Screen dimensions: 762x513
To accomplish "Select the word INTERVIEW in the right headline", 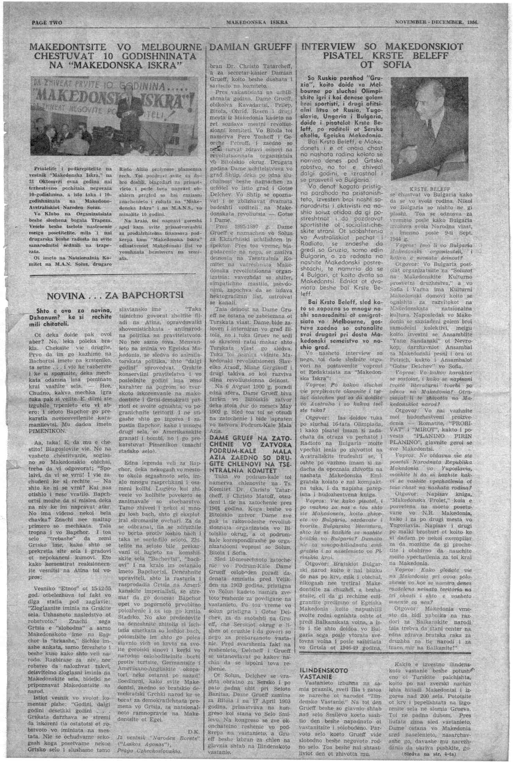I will [x=329, y=47].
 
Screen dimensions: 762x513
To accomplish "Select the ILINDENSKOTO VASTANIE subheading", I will [x=323, y=673].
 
